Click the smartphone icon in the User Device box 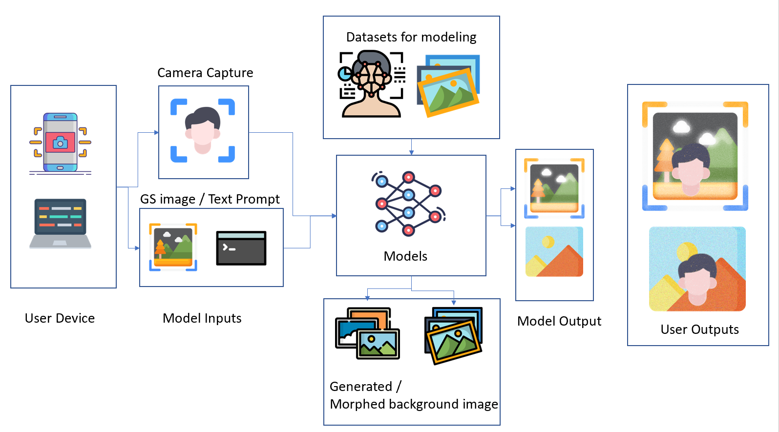coord(60,143)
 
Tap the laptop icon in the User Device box coord(60,224)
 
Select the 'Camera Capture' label coord(205,73)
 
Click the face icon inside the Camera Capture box coord(203,131)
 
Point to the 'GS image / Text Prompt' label coord(210,199)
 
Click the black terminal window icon coord(241,248)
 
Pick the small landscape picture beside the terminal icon coord(173,247)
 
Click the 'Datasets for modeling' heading coord(411,37)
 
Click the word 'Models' coord(405,256)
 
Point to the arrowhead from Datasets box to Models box coord(411,153)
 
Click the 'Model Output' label coord(559,321)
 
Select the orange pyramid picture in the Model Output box coord(554,252)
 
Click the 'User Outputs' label coord(699,329)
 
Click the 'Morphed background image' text coord(414,404)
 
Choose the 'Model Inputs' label coord(202,318)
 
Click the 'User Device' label coord(60,318)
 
